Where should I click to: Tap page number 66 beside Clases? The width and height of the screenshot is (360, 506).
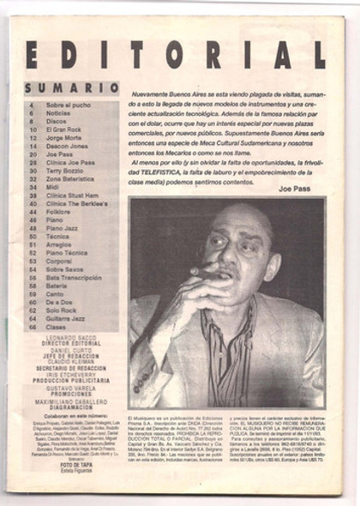[x=32, y=326]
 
